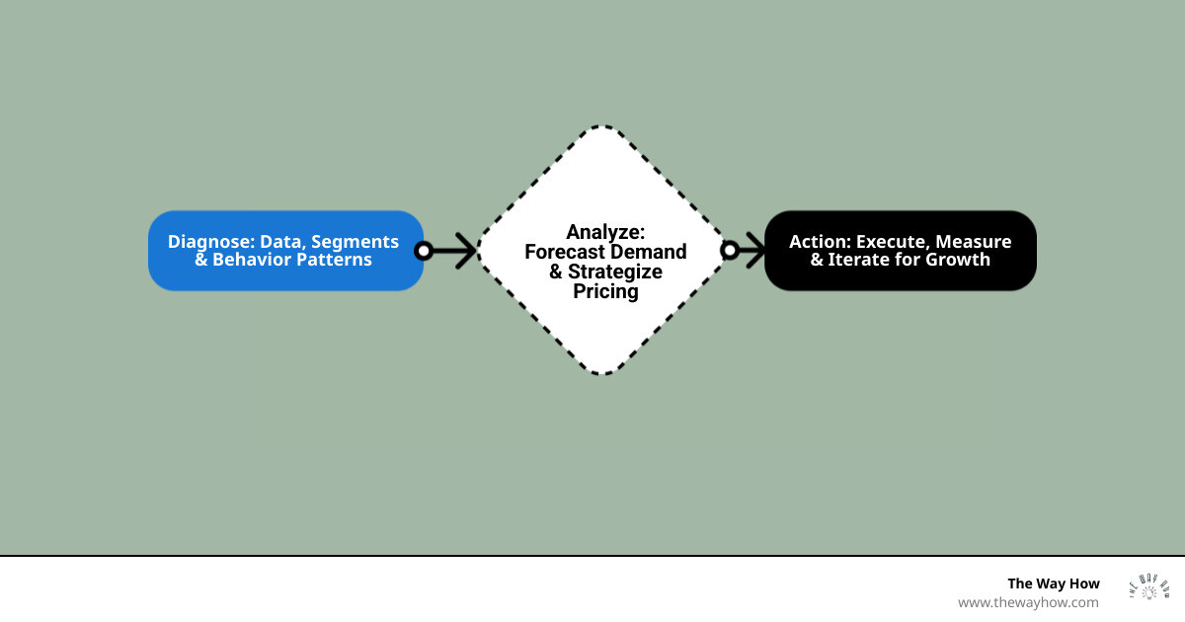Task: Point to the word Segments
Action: pos(355,242)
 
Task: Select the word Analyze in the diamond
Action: pos(605,232)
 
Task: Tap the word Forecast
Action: pos(565,252)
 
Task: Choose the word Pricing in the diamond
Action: pos(605,291)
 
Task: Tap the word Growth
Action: pos(957,260)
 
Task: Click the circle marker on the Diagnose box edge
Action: pos(424,251)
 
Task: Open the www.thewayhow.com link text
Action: pos(1028,602)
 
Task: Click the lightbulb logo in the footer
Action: pos(1148,588)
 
